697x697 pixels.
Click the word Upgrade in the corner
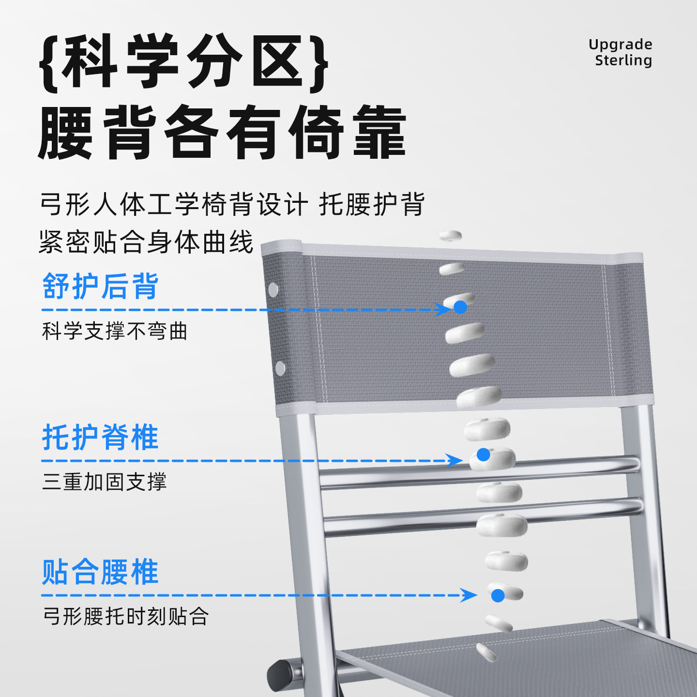coord(620,45)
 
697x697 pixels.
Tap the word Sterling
coord(623,61)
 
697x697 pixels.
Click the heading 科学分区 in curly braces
coord(184,62)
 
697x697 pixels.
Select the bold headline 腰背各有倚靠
coord(222,132)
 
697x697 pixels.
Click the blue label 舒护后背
coord(100,286)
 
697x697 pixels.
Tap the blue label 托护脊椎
coord(100,437)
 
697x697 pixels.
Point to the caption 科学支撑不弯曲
coord(115,332)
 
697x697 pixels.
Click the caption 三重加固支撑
coord(105,482)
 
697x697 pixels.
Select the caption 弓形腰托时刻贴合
coord(126,617)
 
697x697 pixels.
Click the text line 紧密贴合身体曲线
coord(146,242)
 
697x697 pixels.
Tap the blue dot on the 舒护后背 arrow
coord(460,307)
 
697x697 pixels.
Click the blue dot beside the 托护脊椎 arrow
coord(483,455)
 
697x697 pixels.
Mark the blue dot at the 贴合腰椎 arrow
coord(498,595)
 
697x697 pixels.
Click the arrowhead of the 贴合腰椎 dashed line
coord(470,595)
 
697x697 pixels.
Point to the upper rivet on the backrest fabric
coord(273,290)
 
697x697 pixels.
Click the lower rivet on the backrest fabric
coord(280,368)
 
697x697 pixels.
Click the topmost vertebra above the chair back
coord(450,236)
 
